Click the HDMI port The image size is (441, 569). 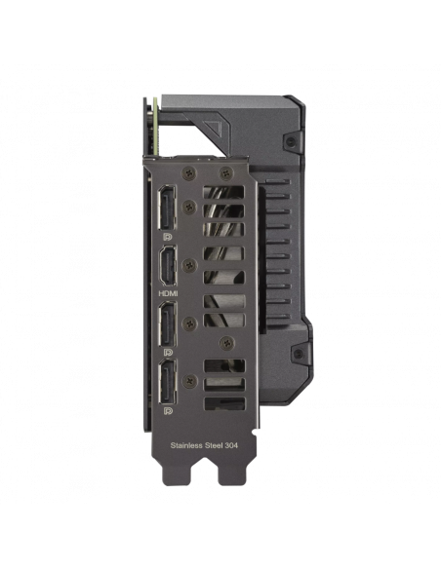click(x=167, y=265)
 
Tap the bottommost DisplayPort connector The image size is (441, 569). click(x=167, y=382)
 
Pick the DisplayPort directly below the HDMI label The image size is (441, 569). click(x=167, y=323)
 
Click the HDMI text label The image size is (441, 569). click(x=169, y=293)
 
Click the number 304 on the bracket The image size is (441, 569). click(x=231, y=445)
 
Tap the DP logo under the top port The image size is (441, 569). click(x=168, y=237)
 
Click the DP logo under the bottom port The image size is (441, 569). click(x=168, y=411)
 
